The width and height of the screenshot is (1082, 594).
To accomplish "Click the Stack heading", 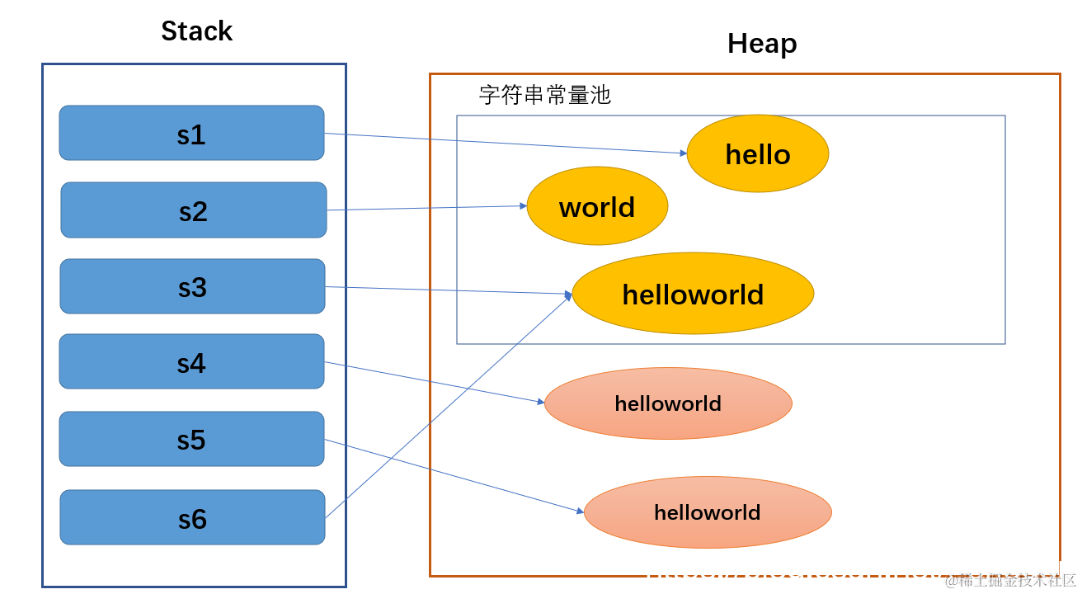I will click(196, 31).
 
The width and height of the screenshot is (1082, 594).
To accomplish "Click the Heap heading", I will click(762, 43).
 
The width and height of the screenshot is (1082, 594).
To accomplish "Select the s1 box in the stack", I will click(191, 134).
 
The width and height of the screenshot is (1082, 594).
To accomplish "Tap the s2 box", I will click(193, 210).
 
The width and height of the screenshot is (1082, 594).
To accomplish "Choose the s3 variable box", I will click(192, 287).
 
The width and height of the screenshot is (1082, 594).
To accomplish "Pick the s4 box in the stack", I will click(191, 362).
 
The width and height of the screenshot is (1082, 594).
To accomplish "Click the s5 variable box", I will click(191, 440).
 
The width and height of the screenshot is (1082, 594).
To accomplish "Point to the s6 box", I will click(192, 518).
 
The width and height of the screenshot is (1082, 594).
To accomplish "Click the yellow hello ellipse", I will click(757, 154).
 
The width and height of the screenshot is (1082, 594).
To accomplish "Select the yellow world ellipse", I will click(597, 206).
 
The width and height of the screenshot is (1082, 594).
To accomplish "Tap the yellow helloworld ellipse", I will click(693, 294).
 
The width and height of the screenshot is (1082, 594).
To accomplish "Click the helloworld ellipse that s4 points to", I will click(668, 403).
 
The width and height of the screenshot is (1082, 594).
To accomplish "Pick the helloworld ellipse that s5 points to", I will click(708, 512).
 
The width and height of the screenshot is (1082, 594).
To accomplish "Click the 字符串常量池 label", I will click(545, 95).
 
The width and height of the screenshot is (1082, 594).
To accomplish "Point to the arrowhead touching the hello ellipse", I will click(683, 153).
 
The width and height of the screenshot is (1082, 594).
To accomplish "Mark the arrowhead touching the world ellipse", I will click(523, 205).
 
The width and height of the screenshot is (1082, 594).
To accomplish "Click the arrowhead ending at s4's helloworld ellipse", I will click(540, 402).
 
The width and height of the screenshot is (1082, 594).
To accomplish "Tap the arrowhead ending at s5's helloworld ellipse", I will click(580, 511).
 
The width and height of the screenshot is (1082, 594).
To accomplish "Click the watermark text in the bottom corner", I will click(1010, 581).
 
